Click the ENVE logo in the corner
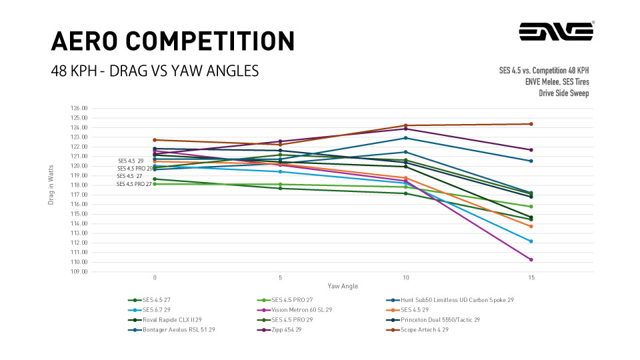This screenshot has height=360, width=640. [557, 31]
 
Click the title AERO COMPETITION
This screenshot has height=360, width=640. [173, 41]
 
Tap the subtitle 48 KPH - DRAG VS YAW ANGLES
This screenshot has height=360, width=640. [155, 71]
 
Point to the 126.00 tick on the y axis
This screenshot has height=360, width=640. [79, 108]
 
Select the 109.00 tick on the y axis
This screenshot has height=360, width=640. [79, 271]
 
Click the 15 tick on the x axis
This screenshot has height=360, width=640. [531, 277]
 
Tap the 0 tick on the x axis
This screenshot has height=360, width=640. [155, 277]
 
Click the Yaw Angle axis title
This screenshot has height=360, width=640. [342, 286]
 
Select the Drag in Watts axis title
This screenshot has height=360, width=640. [51, 185]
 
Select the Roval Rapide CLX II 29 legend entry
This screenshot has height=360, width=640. [172, 319]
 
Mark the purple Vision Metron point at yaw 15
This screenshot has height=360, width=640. [531, 259]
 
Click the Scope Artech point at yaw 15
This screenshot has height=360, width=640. [531, 124]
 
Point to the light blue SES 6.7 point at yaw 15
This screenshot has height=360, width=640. [531, 241]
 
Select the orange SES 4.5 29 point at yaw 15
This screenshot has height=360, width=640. [531, 227]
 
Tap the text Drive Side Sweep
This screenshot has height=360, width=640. [563, 93]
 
